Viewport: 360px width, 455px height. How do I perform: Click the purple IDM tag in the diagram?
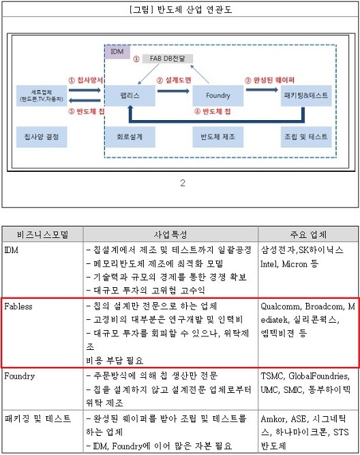(x=117, y=52)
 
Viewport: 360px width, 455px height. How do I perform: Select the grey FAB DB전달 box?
(x=167, y=59)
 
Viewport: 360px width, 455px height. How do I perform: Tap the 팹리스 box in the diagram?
(x=130, y=96)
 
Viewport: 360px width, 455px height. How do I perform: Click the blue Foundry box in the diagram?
(x=218, y=96)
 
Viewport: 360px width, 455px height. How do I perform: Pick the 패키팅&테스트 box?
(x=306, y=96)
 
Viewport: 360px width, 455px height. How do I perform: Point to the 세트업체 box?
(x=42, y=96)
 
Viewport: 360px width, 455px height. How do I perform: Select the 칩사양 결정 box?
(x=42, y=136)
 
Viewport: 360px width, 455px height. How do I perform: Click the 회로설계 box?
(x=130, y=136)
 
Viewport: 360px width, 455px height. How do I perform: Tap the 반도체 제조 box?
(x=218, y=136)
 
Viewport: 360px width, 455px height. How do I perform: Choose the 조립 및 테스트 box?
(x=306, y=136)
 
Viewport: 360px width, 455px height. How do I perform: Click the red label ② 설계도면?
(x=174, y=80)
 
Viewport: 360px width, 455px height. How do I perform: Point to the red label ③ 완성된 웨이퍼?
(x=270, y=80)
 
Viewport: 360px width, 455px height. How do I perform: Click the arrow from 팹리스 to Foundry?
(x=173, y=91)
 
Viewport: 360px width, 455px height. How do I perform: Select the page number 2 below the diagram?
(x=183, y=183)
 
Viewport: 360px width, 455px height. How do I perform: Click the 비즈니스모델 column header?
(x=43, y=234)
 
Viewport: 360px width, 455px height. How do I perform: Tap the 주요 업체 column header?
(x=308, y=234)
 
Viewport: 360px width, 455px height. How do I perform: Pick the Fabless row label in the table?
(x=18, y=306)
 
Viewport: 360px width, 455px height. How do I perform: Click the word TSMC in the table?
(x=272, y=376)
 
